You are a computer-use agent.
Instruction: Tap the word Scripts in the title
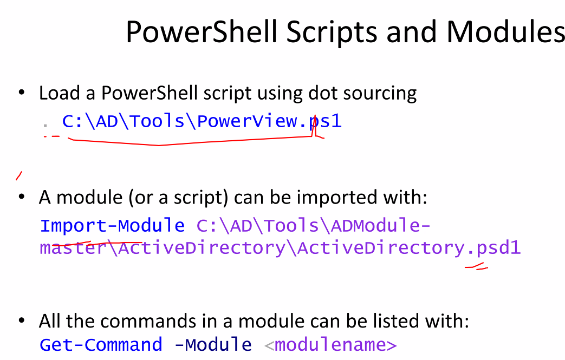pos(332,32)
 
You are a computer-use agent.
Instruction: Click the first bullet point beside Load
pos(22,93)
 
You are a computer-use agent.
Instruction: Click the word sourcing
pos(380,94)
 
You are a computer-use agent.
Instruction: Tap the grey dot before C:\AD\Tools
pos(46,125)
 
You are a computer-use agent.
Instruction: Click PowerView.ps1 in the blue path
pos(269,121)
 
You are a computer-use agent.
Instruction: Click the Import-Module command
pos(113,226)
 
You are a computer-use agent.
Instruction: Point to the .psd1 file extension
pos(493,248)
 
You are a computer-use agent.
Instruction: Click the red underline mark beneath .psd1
pos(476,267)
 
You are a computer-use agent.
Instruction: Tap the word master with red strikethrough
pos(73,248)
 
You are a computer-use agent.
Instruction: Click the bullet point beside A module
pos(22,197)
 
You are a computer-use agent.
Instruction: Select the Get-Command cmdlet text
pos(101,345)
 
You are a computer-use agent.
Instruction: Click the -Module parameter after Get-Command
pos(213,345)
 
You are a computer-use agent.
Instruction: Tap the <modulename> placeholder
pos(330,345)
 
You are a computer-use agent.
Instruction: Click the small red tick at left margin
pos(19,176)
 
